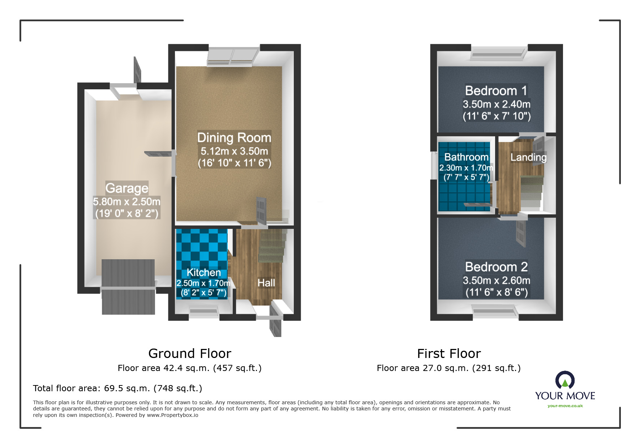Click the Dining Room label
coord(234,138)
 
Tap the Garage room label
coord(127,188)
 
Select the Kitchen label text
coord(203,272)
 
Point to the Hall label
coord(266,283)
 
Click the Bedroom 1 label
coord(496,90)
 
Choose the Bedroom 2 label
coord(496,267)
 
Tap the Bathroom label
coord(466,157)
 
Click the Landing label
coord(528,157)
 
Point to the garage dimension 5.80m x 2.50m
coord(126,201)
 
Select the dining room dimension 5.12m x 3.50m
coord(234,151)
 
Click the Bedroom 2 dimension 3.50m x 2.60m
coord(496,280)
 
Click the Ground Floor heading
coord(189,353)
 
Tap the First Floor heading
coord(448,353)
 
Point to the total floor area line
coord(117,388)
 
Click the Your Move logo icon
coord(565,381)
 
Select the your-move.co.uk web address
coord(565,406)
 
